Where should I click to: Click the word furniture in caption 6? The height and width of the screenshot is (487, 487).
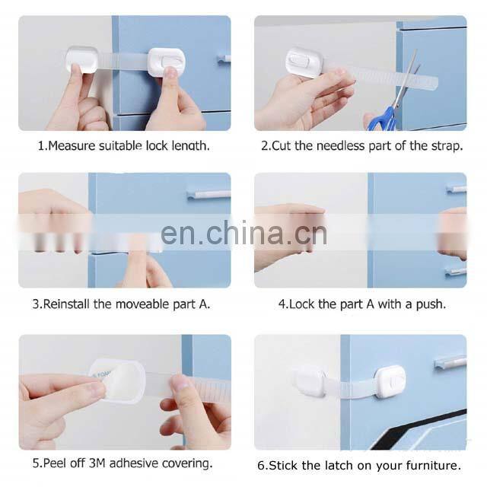point(431,465)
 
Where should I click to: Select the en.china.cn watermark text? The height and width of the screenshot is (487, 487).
point(243,232)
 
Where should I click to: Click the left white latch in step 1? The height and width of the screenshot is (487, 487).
point(82,59)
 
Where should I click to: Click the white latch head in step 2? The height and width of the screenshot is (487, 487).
point(304,62)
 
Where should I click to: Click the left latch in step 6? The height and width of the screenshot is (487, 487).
point(310,380)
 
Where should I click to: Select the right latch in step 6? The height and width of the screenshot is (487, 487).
point(389,380)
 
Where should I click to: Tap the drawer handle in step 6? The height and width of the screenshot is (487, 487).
point(450,362)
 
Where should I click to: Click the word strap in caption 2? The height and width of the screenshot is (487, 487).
point(446,145)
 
